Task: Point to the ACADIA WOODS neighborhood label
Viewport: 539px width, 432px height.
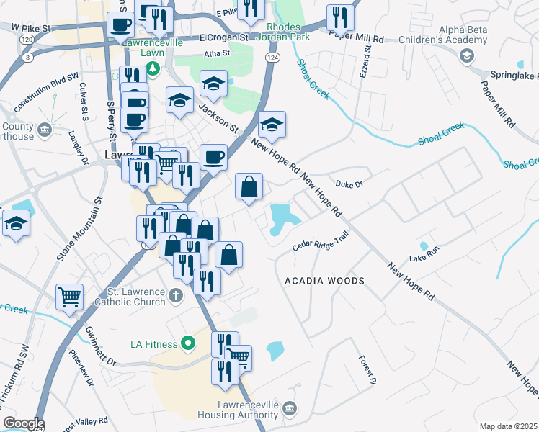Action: pyautogui.click(x=324, y=280)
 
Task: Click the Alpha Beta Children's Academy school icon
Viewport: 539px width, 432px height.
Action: pyautogui.click(x=467, y=56)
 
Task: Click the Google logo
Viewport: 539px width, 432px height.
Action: pyautogui.click(x=23, y=423)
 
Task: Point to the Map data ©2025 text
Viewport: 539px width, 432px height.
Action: pyautogui.click(x=507, y=426)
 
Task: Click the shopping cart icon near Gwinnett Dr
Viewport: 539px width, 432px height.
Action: pyautogui.click(x=70, y=296)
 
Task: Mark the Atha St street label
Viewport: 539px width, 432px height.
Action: pyautogui.click(x=216, y=53)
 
